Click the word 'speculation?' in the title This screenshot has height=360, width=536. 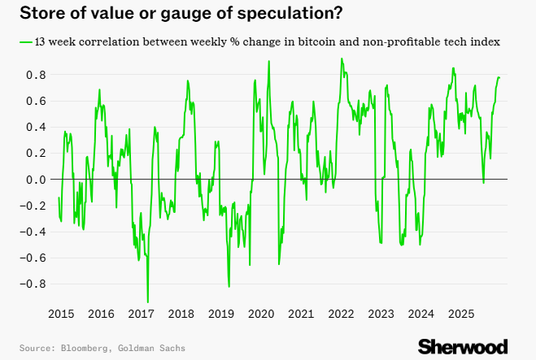pos(289,13)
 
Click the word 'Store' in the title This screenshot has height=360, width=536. pos(37,13)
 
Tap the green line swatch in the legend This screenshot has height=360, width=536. pos(24,41)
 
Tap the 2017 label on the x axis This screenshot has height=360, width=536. pos(141,314)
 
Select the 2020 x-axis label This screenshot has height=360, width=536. pos(260,314)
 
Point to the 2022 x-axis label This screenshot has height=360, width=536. pos(341,314)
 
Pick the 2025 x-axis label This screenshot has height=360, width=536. pos(460,314)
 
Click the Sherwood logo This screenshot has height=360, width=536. pos(463,346)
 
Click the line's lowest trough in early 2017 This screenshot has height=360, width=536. pos(147,301)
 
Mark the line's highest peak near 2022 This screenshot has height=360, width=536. pos(342,59)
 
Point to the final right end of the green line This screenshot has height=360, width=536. pos(499,77)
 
